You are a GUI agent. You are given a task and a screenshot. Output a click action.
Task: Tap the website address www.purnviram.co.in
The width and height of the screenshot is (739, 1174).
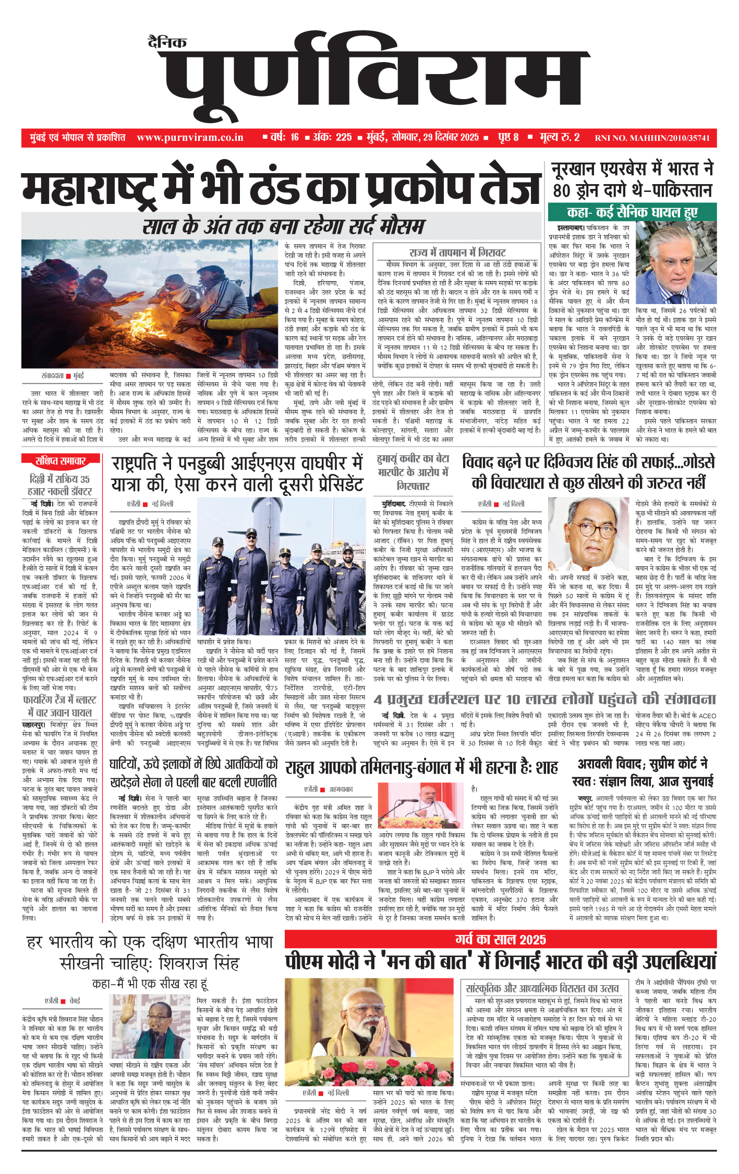(x=190, y=138)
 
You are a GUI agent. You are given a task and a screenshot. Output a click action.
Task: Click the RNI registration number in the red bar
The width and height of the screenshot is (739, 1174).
(x=652, y=138)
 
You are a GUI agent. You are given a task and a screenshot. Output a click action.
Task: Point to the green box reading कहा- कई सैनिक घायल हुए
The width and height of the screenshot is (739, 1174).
(x=632, y=212)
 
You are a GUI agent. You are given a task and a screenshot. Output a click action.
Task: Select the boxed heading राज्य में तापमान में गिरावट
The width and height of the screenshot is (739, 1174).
(x=457, y=253)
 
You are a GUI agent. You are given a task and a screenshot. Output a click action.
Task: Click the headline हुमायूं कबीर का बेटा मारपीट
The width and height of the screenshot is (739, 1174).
(x=413, y=472)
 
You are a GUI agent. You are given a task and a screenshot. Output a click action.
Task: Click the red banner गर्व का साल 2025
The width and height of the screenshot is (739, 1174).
(x=500, y=940)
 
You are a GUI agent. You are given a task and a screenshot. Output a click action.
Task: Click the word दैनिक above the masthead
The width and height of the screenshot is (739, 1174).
(x=167, y=43)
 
